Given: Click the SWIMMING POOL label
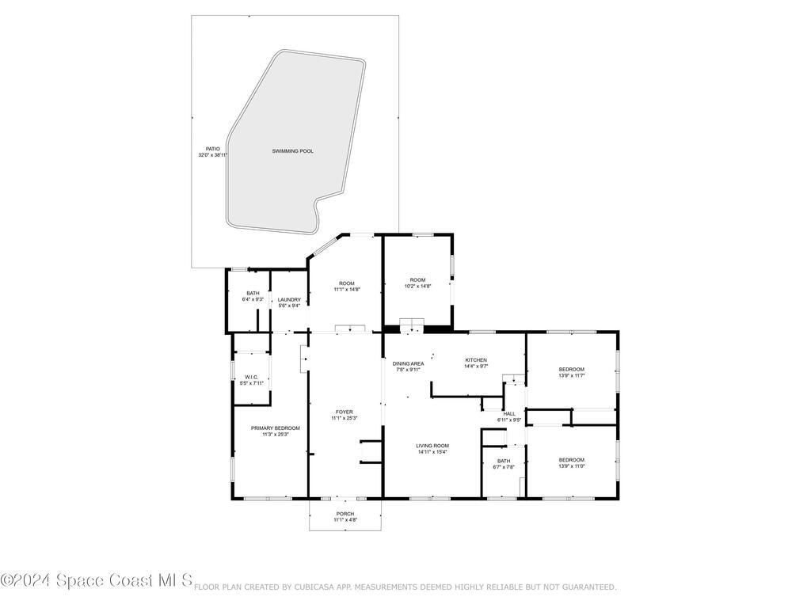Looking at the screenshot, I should [292, 150].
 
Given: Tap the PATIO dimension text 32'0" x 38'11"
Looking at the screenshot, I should [213, 155].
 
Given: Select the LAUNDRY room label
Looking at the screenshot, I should [288, 299].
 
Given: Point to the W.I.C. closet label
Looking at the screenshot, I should [251, 377].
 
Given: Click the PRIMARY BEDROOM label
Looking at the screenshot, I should [269, 428].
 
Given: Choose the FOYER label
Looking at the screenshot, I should [345, 412].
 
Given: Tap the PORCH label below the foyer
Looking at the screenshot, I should [345, 514].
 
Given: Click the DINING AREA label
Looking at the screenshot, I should [408, 363].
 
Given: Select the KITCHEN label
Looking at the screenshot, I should [475, 360].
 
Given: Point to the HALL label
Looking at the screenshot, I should [509, 413].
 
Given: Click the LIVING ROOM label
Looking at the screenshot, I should [432, 446].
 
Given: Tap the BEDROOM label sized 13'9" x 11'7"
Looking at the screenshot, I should [571, 370].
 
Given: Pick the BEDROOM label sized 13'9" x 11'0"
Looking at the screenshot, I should [571, 460].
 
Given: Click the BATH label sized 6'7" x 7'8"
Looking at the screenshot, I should [504, 461].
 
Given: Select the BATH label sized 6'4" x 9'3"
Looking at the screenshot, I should [253, 293].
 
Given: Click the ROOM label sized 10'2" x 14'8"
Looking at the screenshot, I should [417, 280].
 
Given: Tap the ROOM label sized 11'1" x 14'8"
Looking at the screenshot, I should [347, 283].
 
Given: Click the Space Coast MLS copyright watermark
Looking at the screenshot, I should [97, 581].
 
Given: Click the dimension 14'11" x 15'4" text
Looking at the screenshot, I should [432, 452].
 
